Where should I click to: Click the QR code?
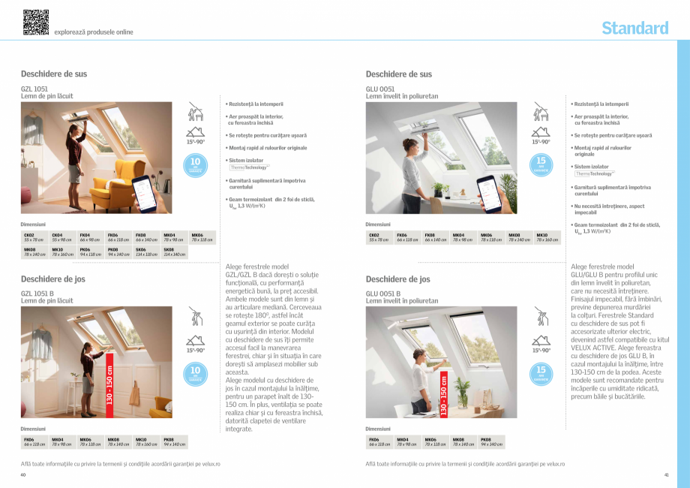[35, 23]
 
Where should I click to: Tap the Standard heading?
[634, 29]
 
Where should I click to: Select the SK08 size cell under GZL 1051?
[174, 252]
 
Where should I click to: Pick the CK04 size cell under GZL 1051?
[62, 237]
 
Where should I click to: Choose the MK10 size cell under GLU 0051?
[547, 237]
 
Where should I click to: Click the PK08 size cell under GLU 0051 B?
[490, 441]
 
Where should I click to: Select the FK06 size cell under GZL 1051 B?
[34, 441]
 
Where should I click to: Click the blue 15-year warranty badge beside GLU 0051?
[541, 164]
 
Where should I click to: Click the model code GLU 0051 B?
[383, 293]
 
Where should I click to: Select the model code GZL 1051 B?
[38, 293]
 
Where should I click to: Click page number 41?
[666, 474]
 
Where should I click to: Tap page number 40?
[23, 474]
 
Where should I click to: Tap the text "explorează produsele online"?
[94, 32]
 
